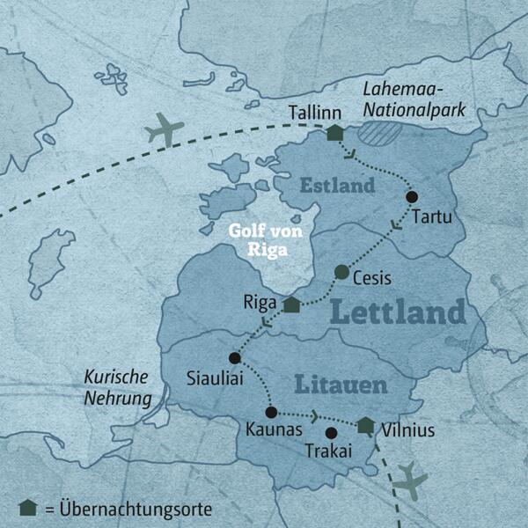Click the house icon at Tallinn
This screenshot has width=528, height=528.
[334, 133]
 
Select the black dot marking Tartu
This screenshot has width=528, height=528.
[411, 197]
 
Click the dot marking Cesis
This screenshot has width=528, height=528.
[341, 271]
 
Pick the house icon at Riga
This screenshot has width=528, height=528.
[292, 305]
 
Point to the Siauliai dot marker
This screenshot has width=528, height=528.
[234, 358]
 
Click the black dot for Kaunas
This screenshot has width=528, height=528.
[271, 412]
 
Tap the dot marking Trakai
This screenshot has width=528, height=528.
[331, 433]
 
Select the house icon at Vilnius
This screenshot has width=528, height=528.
[366, 425]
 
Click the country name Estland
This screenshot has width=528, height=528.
[338, 187]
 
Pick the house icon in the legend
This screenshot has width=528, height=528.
[28, 509]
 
